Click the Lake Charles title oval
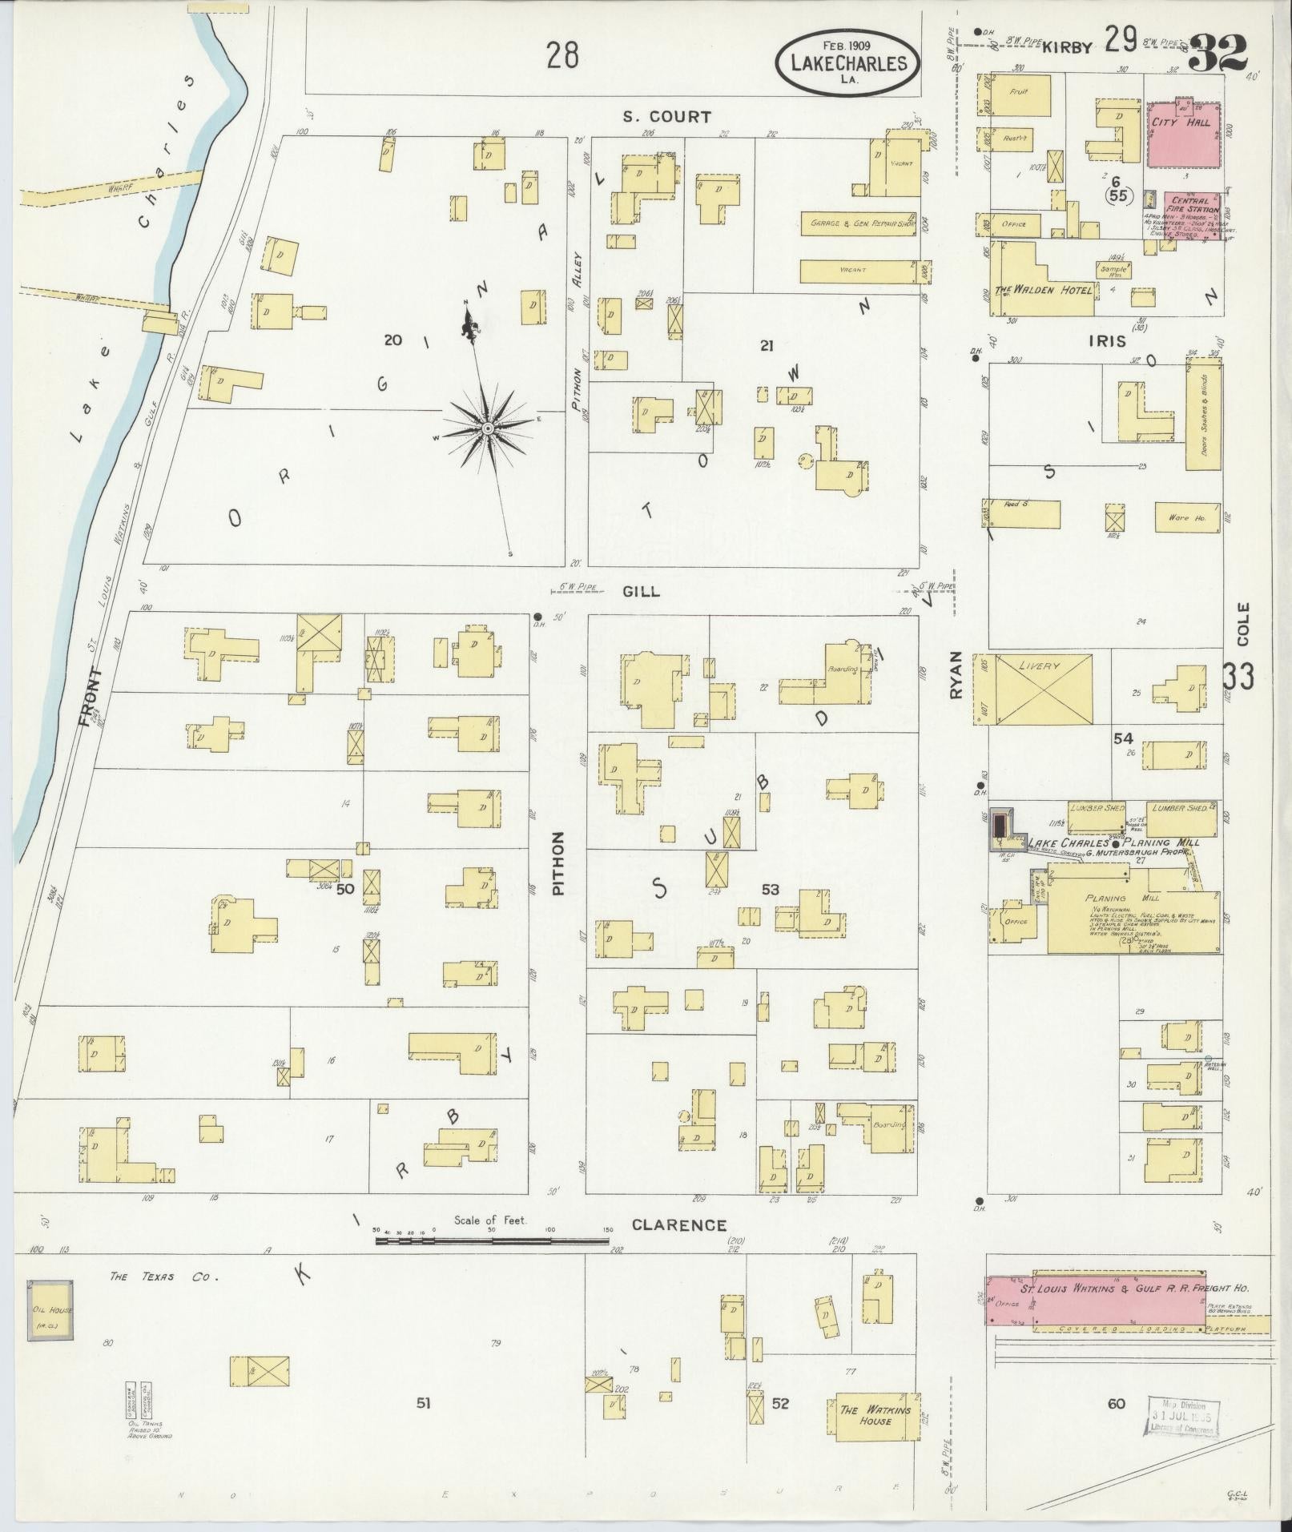[x=847, y=61]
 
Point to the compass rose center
[x=487, y=430]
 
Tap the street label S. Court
[x=667, y=117]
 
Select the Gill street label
[x=641, y=591]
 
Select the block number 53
[x=771, y=889]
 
